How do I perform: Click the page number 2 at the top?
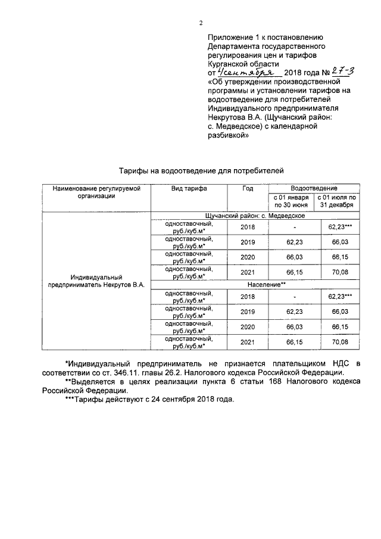coord(201,23)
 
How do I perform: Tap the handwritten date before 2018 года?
coord(241,72)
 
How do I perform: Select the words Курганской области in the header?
coord(243,63)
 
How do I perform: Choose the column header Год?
coord(247,188)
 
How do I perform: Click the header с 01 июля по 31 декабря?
coord(336,201)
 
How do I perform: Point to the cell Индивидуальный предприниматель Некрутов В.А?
coord(96,281)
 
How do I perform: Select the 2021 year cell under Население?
coord(247,342)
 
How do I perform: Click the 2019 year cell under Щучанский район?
coord(247,242)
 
